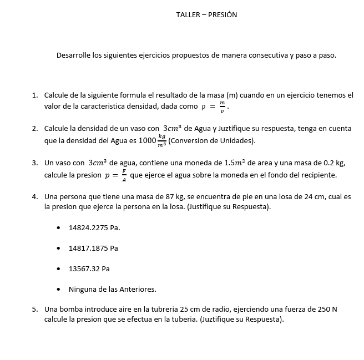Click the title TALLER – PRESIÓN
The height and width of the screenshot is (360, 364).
pos(206,15)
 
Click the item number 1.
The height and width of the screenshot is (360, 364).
pos(34,95)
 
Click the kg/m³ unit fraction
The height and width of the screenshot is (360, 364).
pos(161,140)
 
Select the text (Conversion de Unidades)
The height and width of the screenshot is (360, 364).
pos(211,140)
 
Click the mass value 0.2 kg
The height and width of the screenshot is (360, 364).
pos(333,163)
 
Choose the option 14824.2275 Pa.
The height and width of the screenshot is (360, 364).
pos(94,228)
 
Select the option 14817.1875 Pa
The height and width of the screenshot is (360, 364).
pos(93,249)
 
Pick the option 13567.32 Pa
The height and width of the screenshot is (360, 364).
pos(89,269)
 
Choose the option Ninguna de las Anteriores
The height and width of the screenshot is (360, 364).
pos(112,290)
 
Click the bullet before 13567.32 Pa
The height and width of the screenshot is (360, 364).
pos(59,269)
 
